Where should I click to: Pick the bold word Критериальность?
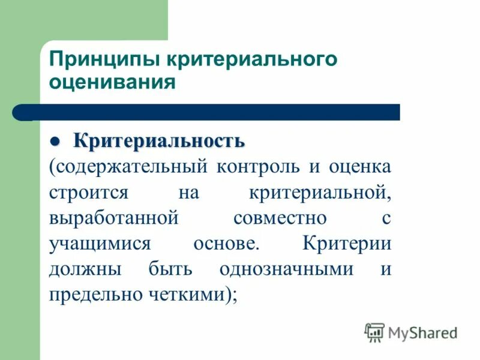pos(159,142)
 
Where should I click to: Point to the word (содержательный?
pos(128,166)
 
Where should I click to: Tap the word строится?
pos(88,193)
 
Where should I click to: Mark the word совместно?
pos(280,218)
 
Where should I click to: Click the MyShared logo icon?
pos(374,332)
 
